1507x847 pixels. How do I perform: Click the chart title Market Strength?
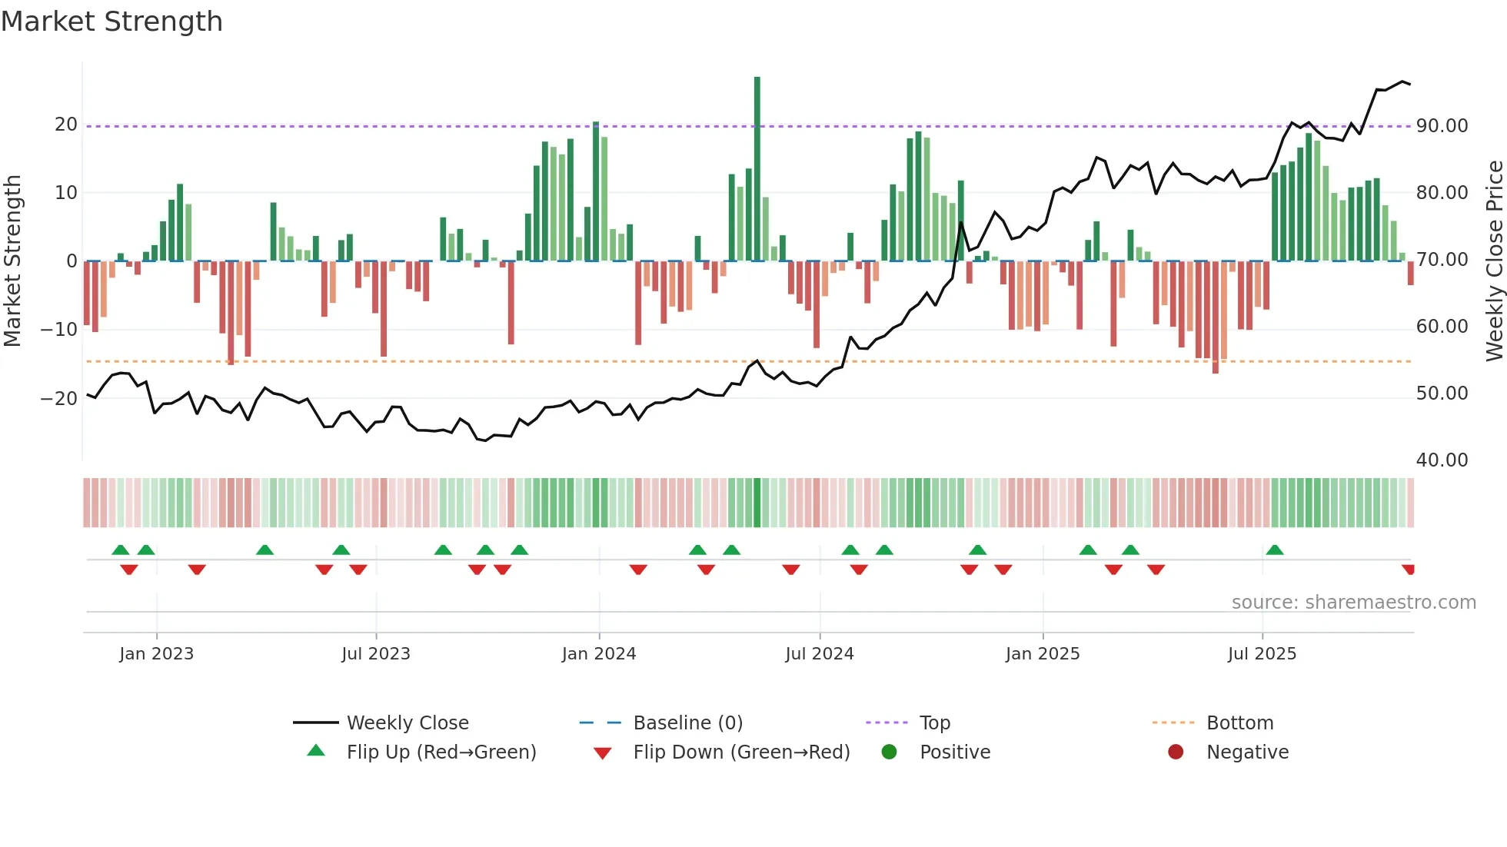111,22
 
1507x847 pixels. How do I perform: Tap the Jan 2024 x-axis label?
599,654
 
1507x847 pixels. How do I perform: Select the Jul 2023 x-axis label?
376,654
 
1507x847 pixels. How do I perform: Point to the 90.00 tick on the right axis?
1442,126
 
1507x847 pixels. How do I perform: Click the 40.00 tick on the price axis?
1442,460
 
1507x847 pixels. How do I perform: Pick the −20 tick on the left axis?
59,398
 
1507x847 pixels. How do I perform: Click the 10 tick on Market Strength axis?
66,193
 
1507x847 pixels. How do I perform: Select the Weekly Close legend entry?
407,723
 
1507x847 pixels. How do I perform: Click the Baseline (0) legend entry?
687,723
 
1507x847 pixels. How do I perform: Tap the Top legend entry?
934,723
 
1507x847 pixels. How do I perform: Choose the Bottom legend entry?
1239,723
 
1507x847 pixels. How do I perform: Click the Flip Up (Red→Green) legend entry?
441,752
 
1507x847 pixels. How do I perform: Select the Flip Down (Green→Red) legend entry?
741,752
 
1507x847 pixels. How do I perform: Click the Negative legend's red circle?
1176,752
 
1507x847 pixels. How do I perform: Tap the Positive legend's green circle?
890,752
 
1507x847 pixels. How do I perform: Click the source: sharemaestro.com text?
1353,603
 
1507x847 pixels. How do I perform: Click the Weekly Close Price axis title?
1494,261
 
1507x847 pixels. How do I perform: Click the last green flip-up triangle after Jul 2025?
1275,550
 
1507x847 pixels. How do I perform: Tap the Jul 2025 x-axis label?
1262,654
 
